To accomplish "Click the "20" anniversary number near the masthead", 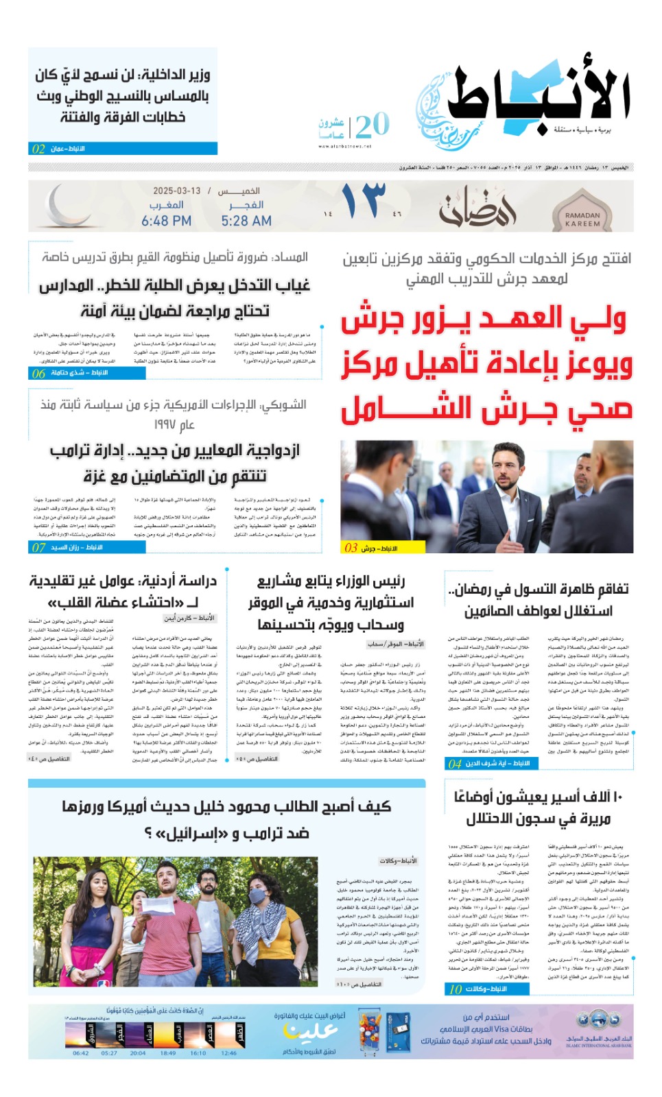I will [373, 125].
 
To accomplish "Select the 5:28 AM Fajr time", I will [246, 221].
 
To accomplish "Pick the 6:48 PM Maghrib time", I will [166, 221].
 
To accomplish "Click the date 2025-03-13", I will [177, 191].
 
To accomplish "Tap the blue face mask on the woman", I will [257, 895].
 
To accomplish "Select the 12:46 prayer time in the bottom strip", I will [229, 1053].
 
